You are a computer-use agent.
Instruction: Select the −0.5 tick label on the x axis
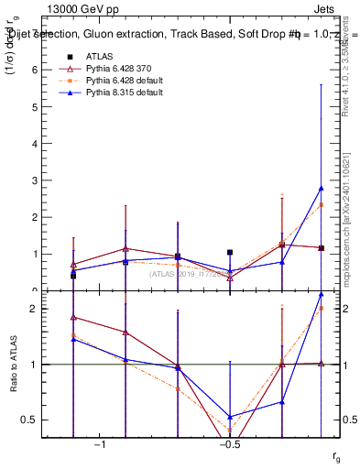click(x=228, y=445)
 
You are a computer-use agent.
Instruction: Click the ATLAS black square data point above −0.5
click(x=230, y=252)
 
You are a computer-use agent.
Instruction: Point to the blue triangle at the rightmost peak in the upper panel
click(x=322, y=188)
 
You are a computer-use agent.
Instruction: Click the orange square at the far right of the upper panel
click(x=322, y=204)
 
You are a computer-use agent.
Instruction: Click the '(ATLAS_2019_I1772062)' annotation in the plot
click(x=191, y=272)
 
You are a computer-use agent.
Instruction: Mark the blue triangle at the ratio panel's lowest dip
click(x=230, y=417)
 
